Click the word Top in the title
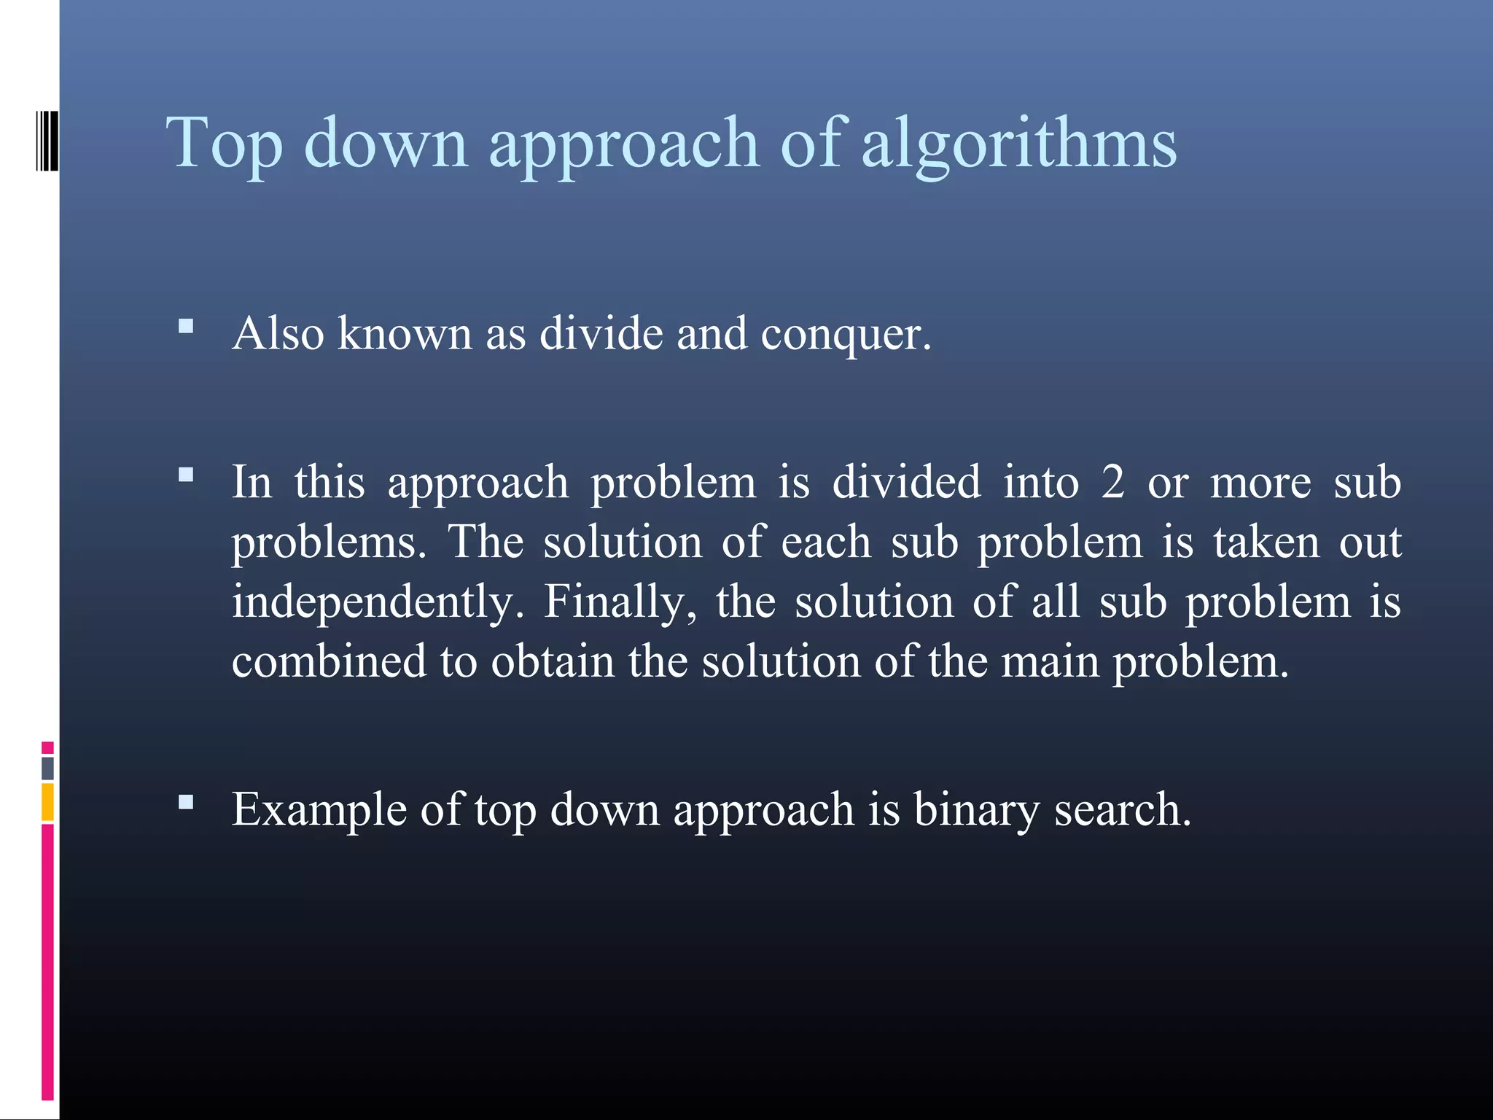click(x=225, y=144)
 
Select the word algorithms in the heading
click(x=1018, y=144)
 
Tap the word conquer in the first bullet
click(x=846, y=335)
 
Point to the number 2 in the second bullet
click(x=1112, y=483)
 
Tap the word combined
click(x=329, y=661)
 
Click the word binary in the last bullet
click(x=976, y=811)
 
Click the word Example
click(x=319, y=811)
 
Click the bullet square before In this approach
click(x=186, y=475)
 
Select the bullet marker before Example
click(x=186, y=803)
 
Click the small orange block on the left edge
click(x=47, y=802)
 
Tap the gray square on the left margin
click(x=47, y=768)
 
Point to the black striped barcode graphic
click(x=47, y=141)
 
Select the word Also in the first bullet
click(x=278, y=335)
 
